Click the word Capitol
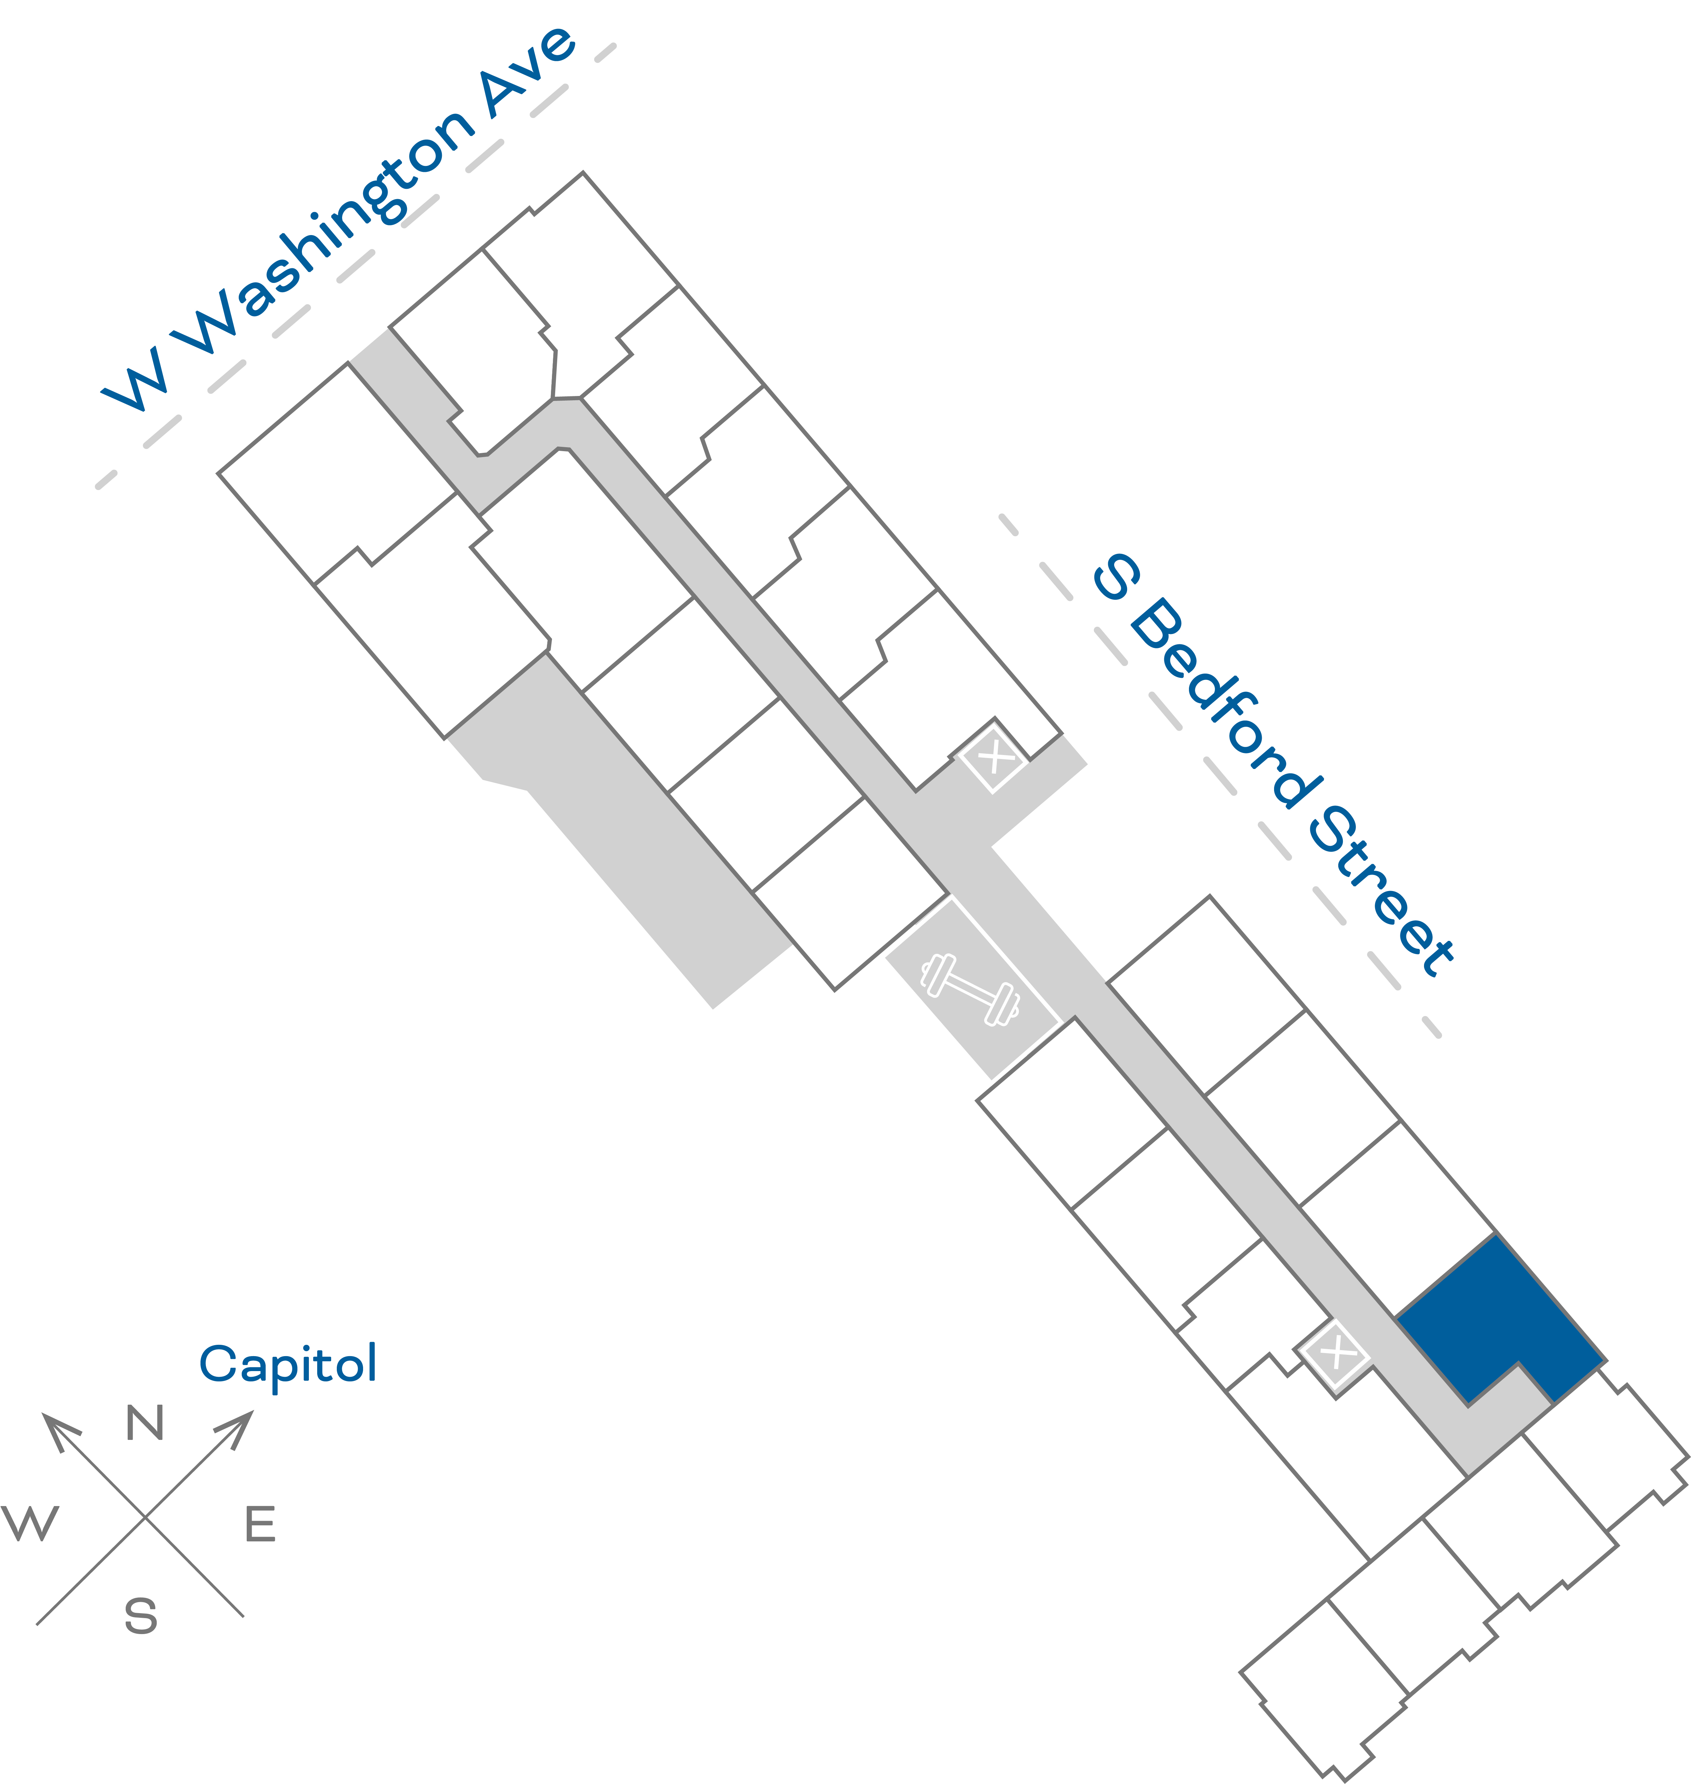pyautogui.click(x=288, y=1364)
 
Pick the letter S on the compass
pyautogui.click(x=141, y=1616)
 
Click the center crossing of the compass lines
pyautogui.click(x=145, y=1517)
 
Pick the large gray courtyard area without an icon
pyautogui.click(x=622, y=829)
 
